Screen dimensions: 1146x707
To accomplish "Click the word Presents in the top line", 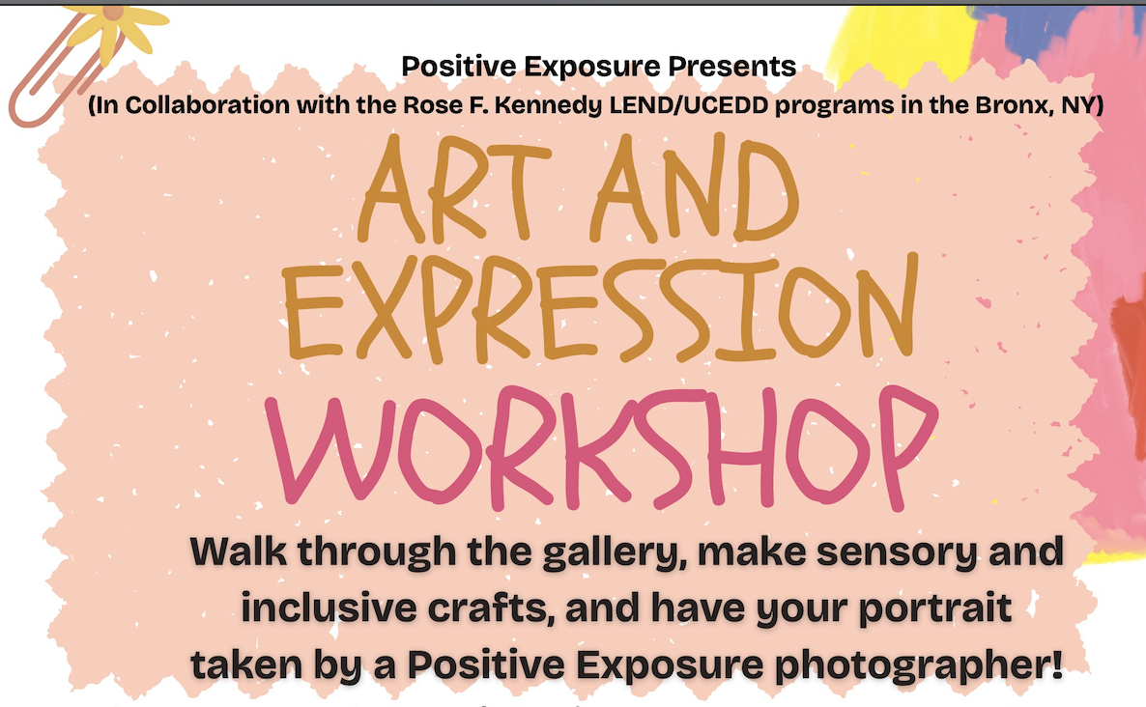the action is point(731,67).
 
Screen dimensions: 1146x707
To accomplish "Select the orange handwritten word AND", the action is point(695,187).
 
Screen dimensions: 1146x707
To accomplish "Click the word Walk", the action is point(239,551).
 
